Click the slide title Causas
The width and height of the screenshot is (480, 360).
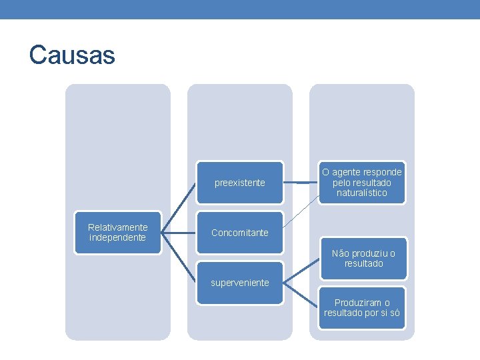pyautogui.click(x=72, y=55)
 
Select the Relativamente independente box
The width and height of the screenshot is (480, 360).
pyautogui.click(x=118, y=233)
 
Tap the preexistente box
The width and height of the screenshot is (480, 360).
pyautogui.click(x=239, y=183)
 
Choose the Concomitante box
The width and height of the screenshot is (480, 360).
pyautogui.click(x=239, y=233)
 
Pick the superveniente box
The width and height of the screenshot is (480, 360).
pyautogui.click(x=239, y=283)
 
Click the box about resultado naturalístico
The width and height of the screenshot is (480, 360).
pyautogui.click(x=362, y=183)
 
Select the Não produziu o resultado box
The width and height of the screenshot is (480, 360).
pyautogui.click(x=363, y=258)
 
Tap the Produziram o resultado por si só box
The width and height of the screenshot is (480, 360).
pyautogui.click(x=362, y=308)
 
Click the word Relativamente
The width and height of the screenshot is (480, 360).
pyautogui.click(x=118, y=227)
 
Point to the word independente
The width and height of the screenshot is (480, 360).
pyautogui.click(x=117, y=238)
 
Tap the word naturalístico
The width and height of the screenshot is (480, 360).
pyautogui.click(x=362, y=193)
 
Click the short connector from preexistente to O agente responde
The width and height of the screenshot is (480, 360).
pyautogui.click(x=301, y=183)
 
